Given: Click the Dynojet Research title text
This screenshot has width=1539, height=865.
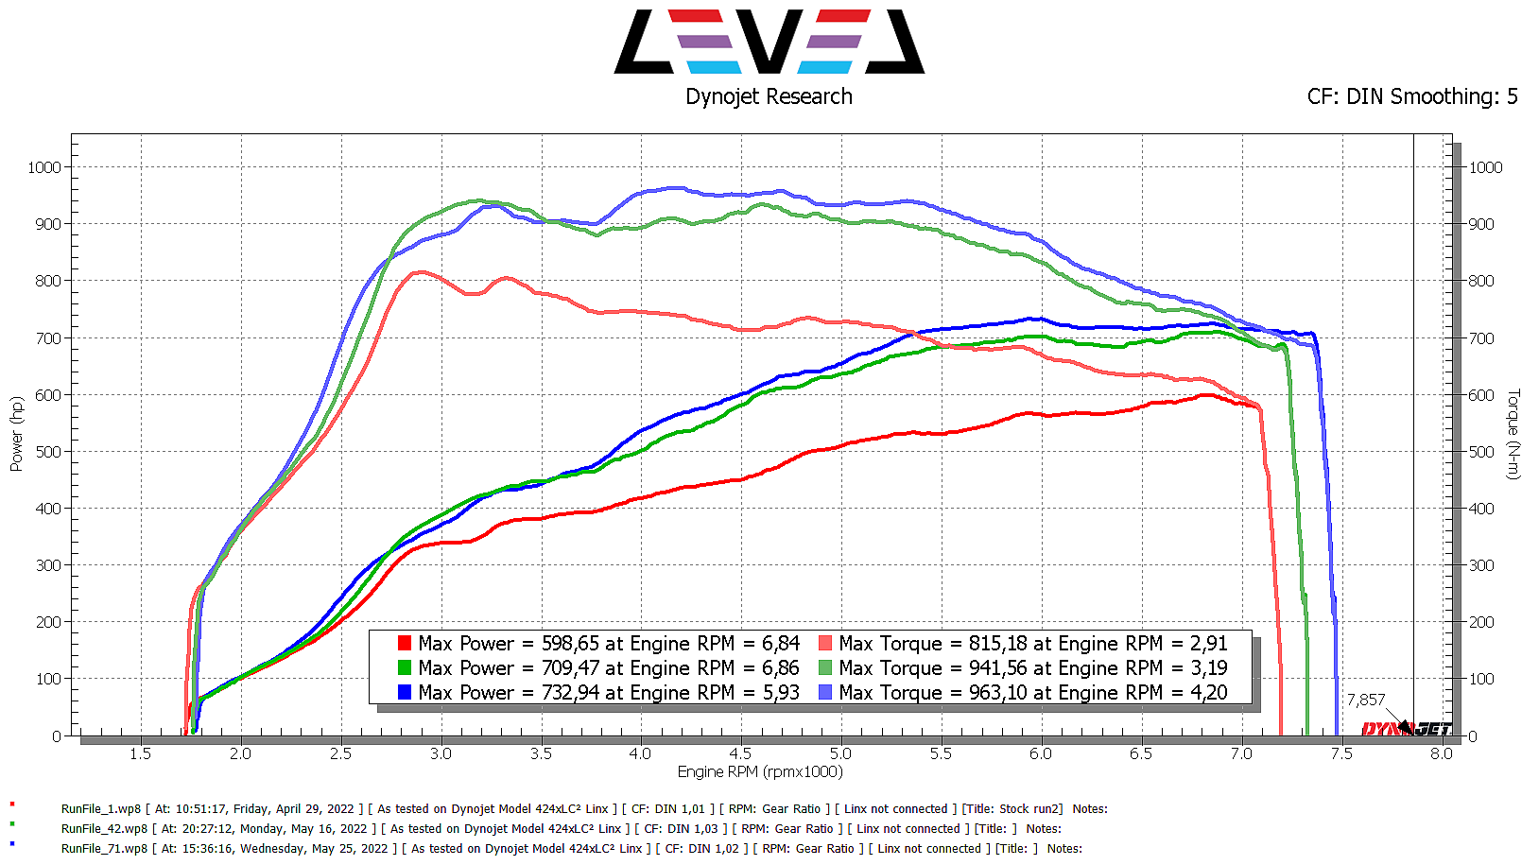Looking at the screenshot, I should point(769,96).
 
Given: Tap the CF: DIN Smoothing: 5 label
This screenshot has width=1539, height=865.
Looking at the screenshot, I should point(1411,96).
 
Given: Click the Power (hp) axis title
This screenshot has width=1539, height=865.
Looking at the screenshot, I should point(16,434).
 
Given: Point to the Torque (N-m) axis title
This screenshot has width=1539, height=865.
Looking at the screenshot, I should point(1513,434).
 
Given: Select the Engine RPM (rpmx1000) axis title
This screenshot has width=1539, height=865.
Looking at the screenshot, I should point(759,771).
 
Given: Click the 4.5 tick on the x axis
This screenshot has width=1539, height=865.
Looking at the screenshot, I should point(740,753).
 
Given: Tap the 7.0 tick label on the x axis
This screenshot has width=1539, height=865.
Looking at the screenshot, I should point(1240,753).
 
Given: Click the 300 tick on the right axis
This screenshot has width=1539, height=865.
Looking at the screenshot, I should point(1481,565).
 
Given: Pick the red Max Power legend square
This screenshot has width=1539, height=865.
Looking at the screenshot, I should point(405,643).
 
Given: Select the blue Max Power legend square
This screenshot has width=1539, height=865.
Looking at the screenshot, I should point(405,692).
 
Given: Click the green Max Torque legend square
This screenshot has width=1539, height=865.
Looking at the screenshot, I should point(825,667).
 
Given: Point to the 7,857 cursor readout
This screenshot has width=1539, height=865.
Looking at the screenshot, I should point(1365,700).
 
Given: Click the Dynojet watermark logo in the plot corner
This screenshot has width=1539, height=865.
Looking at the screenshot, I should point(1406,728).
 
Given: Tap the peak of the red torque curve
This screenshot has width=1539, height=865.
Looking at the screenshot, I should point(419,272).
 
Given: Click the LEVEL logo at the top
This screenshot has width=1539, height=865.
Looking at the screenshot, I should point(769,42).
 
